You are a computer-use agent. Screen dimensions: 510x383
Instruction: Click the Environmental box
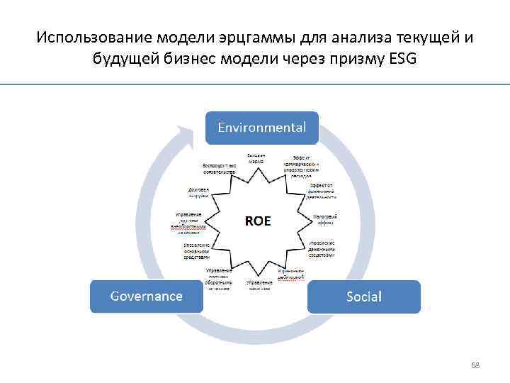[262, 128]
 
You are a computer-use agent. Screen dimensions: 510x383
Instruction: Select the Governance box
[146, 296]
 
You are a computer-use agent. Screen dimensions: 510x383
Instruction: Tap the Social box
[363, 296]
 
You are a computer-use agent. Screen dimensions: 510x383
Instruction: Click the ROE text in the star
[258, 221]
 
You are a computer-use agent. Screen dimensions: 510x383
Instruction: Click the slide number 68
[475, 365]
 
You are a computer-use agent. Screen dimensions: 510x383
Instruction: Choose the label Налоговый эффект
[324, 218]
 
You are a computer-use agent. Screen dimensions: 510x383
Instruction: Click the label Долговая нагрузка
[198, 193]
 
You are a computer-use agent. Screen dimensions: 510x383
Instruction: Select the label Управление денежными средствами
[321, 247]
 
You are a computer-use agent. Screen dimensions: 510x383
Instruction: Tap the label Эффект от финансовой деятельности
[322, 191]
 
